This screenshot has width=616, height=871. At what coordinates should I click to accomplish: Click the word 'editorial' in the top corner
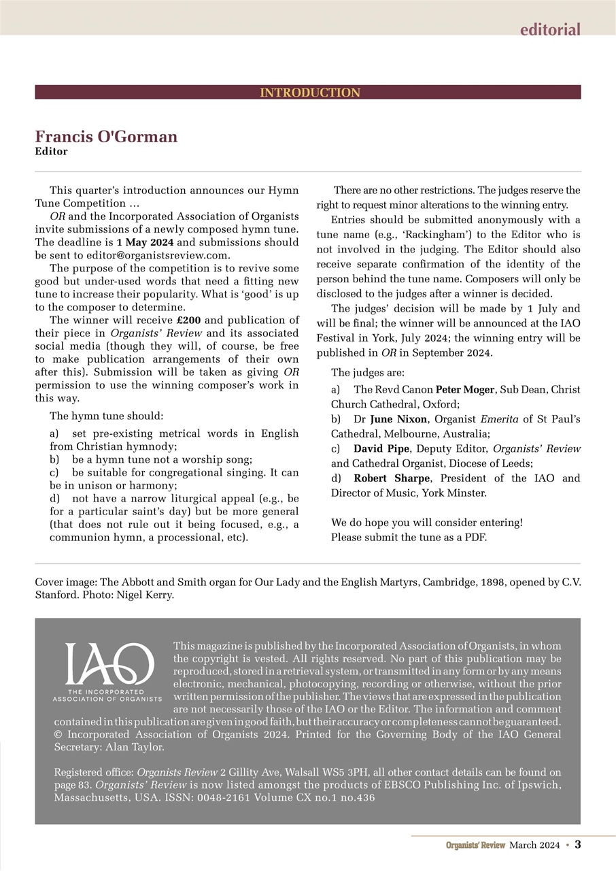tap(550, 29)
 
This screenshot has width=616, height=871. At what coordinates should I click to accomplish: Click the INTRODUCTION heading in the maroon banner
tap(309, 93)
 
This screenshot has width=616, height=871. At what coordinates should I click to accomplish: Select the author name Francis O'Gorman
tap(106, 137)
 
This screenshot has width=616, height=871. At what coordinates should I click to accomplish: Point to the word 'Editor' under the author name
tap(51, 152)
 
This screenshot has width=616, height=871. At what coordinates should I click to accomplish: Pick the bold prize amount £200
tap(188, 321)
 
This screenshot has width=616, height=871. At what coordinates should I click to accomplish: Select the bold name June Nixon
tap(398, 419)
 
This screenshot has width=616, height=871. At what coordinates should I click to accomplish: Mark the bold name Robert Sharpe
tap(392, 478)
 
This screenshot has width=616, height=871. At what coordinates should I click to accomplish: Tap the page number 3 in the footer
tap(578, 844)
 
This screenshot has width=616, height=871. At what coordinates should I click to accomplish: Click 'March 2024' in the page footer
tap(534, 845)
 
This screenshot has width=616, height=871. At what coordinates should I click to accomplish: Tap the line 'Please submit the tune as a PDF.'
tap(409, 537)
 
